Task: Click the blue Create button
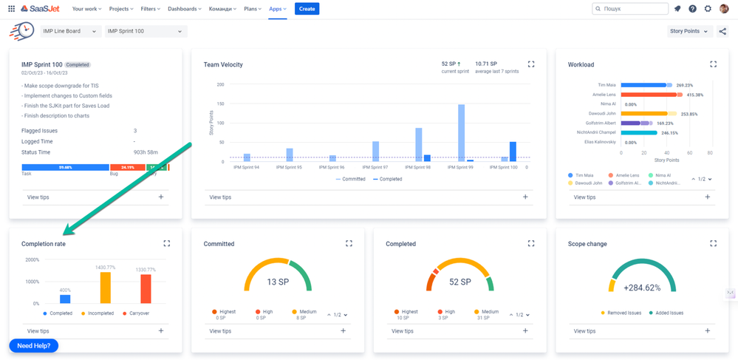point(307,9)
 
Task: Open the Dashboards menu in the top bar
point(184,9)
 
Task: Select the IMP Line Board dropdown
point(71,31)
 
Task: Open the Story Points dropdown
point(689,31)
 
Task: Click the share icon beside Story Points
point(722,31)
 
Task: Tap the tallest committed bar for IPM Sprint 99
point(461,132)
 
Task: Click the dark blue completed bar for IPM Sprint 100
point(513,152)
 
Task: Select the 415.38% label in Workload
point(694,95)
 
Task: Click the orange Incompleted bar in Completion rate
point(106,288)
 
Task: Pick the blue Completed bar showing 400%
point(65,299)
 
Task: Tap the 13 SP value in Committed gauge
point(277,282)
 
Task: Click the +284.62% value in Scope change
point(642,288)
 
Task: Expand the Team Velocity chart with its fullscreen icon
point(531,64)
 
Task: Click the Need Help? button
point(33,345)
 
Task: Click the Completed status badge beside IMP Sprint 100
point(78,65)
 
